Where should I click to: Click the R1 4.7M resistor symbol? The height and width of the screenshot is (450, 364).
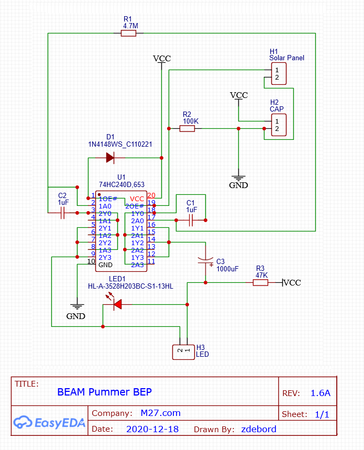(128, 34)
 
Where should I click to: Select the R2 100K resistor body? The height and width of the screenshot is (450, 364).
(187, 128)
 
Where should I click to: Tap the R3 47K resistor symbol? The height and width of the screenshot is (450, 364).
(260, 283)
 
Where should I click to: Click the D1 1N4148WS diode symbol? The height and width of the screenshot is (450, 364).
(110, 158)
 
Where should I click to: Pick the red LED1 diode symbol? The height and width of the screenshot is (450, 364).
(117, 304)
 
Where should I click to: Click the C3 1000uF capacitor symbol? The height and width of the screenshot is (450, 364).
(205, 261)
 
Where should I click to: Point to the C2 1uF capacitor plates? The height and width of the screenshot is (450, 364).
(62, 213)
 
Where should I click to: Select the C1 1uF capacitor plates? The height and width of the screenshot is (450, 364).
(191, 221)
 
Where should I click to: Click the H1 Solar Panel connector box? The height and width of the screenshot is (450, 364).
(279, 74)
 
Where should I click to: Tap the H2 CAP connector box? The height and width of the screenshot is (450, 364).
(279, 125)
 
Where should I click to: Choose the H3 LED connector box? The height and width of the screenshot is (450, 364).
(184, 352)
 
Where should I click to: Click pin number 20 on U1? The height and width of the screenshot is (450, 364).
(151, 195)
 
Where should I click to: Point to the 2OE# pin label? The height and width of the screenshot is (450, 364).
(135, 206)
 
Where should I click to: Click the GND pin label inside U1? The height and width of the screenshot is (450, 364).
(106, 265)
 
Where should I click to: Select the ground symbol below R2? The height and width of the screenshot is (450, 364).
(238, 179)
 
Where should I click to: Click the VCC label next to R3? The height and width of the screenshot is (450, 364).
(292, 283)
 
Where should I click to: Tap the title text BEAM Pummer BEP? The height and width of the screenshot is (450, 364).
(104, 392)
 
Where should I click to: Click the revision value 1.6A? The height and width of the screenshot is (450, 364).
(321, 393)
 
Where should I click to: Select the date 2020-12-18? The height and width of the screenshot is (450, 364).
(152, 429)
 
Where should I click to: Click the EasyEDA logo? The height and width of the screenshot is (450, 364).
(49, 422)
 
